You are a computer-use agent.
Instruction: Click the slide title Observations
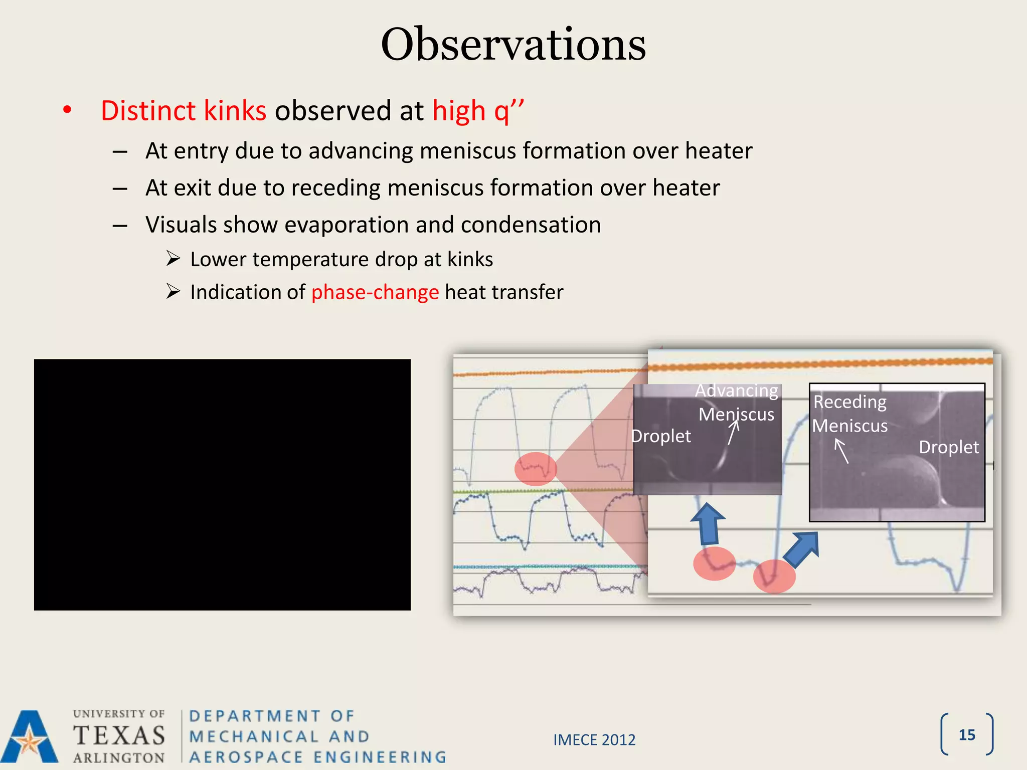[x=513, y=45]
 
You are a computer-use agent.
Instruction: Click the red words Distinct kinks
[x=184, y=111]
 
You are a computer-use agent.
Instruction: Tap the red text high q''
[x=477, y=111]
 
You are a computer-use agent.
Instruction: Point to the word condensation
[x=531, y=225]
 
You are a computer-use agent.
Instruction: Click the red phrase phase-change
[x=375, y=292]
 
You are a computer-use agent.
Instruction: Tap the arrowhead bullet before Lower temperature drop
[x=173, y=259]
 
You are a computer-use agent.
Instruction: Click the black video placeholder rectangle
[x=222, y=484]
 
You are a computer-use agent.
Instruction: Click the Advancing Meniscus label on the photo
[x=736, y=402]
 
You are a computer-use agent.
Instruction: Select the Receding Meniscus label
[x=849, y=414]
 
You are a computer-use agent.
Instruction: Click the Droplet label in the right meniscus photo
[x=948, y=447]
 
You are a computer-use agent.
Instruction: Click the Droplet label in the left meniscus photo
[x=660, y=436]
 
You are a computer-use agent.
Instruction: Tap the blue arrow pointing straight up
[x=708, y=524]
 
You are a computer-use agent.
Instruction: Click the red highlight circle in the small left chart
[x=536, y=469]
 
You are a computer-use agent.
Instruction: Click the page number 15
[x=966, y=735]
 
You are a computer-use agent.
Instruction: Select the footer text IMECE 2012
[x=594, y=740]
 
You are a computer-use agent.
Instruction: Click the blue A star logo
[x=30, y=737]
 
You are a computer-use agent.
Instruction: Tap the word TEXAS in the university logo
[x=119, y=736]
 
